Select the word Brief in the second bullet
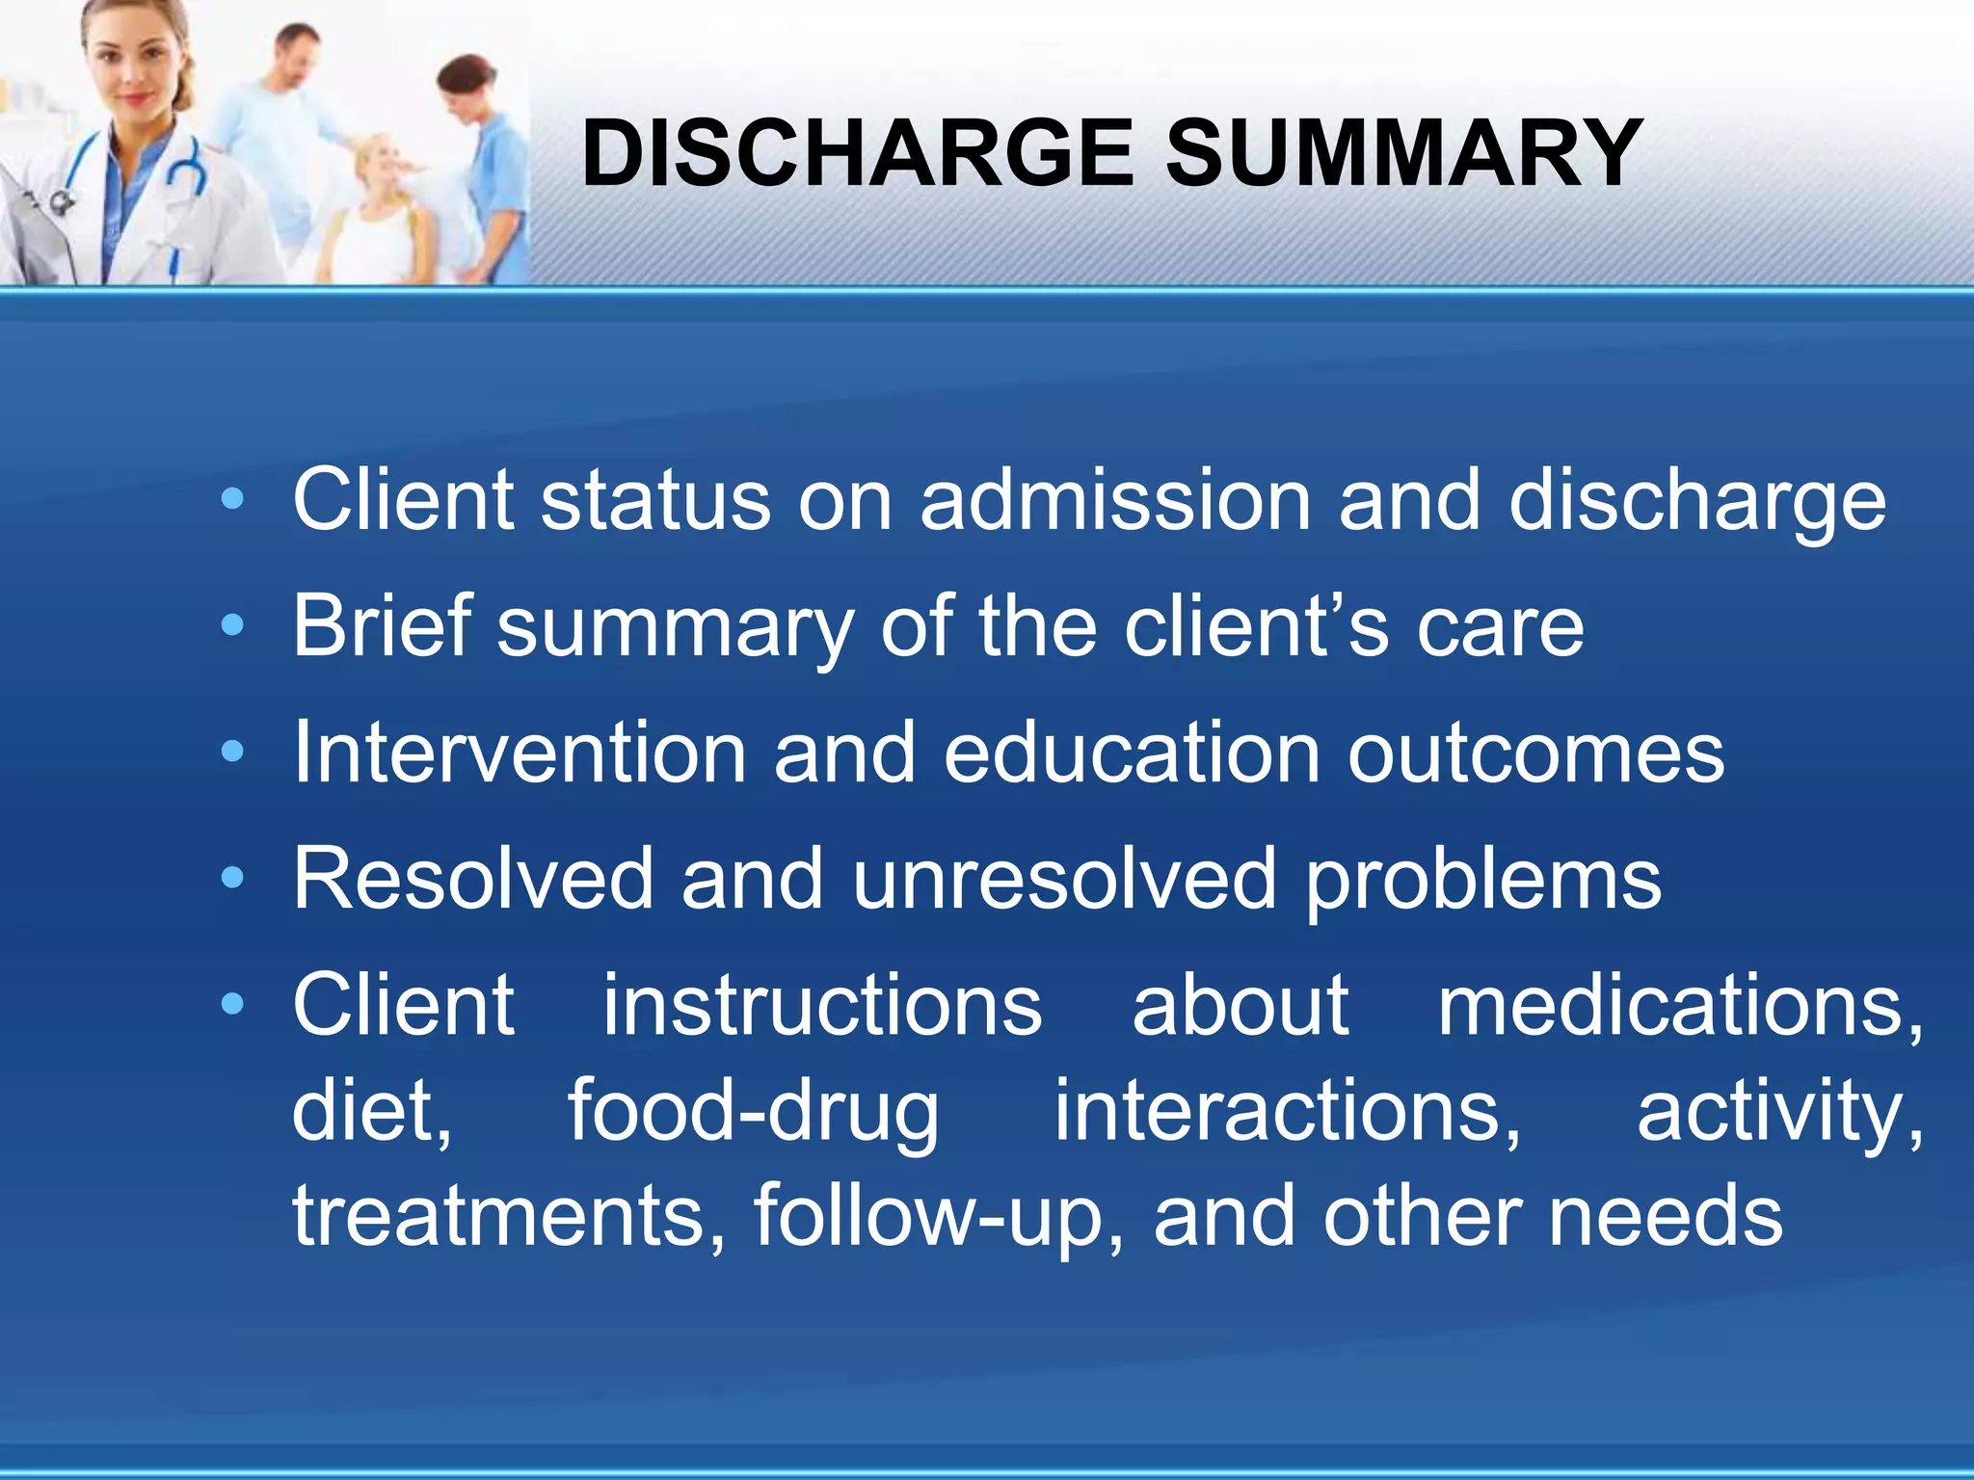(383, 626)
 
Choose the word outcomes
(1535, 753)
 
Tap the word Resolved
(473, 879)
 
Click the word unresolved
(1064, 879)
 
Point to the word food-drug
(753, 1113)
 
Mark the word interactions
(1287, 1113)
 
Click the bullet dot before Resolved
(232, 878)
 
